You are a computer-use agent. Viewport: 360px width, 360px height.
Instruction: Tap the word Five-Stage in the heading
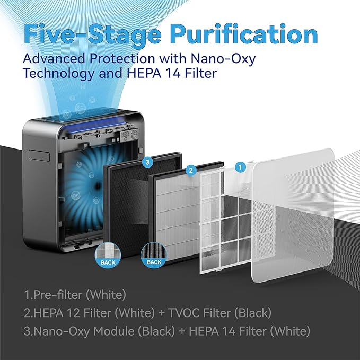coord(92,34)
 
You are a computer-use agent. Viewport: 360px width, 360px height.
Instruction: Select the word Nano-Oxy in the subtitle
coord(223,58)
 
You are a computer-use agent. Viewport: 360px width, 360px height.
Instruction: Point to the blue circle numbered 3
coord(147,162)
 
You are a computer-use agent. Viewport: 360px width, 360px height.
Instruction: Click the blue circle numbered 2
coord(191,170)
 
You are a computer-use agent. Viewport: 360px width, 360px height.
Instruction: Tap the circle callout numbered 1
coord(240,167)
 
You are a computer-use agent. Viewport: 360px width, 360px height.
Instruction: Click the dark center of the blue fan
coord(98,185)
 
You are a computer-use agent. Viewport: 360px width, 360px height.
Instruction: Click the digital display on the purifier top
coord(129,135)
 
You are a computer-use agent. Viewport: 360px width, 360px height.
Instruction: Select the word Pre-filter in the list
coord(58,295)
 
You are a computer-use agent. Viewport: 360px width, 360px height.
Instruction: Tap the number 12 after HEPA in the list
coord(73,313)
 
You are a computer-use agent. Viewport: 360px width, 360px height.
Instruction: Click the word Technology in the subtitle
coord(59,74)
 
